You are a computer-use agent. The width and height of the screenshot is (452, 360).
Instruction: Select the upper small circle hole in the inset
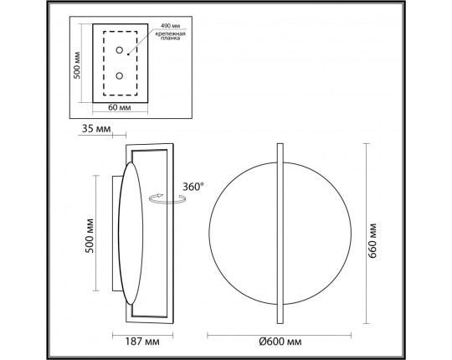[120, 49]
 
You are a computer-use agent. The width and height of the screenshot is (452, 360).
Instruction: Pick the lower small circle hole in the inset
[120, 75]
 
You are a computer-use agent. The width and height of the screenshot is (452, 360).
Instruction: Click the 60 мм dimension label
[121, 107]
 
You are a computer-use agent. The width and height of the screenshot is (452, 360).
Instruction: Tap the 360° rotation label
[192, 188]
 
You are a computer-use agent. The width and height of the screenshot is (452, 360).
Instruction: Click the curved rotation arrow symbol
[162, 198]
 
